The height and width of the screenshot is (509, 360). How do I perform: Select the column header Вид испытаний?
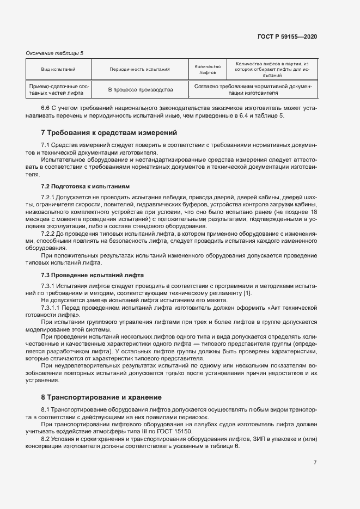click(58, 69)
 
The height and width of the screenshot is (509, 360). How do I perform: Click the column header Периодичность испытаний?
click(140, 69)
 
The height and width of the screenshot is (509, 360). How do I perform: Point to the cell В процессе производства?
click(140, 89)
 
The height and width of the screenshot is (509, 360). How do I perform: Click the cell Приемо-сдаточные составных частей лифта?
click(58, 89)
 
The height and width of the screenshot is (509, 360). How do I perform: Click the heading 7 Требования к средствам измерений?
click(109, 133)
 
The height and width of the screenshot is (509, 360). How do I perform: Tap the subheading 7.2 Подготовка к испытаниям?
click(86, 186)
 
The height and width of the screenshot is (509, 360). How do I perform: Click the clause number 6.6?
click(46, 108)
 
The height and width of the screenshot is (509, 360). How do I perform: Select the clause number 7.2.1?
click(50, 197)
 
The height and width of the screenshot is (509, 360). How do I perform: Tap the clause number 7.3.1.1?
click(52, 308)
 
